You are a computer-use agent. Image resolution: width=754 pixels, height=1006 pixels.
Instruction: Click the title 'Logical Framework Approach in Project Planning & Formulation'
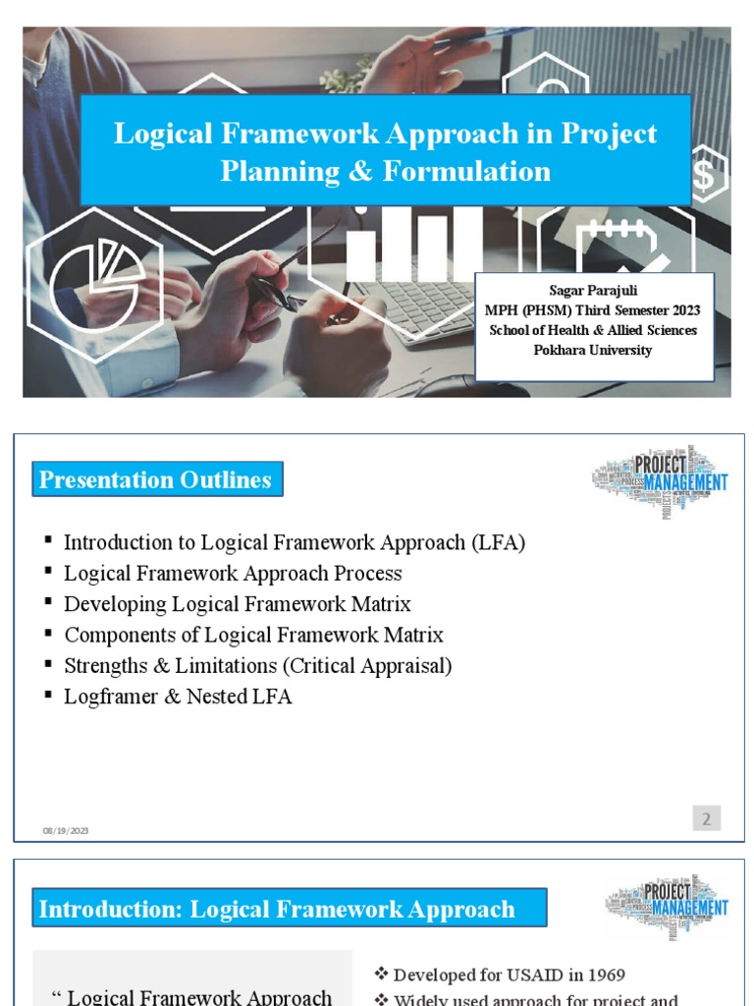pyautogui.click(x=385, y=151)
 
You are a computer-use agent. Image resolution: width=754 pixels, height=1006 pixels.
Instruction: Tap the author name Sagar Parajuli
pyautogui.click(x=593, y=291)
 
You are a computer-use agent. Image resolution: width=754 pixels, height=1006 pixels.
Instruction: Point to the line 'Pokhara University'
pyautogui.click(x=593, y=350)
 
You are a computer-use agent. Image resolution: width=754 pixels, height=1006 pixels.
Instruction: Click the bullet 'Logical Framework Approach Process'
pyautogui.click(x=233, y=573)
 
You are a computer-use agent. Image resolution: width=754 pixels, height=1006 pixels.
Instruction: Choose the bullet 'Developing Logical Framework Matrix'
pyautogui.click(x=237, y=604)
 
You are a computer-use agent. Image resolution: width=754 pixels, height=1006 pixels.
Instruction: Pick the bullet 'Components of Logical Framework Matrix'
pyautogui.click(x=253, y=635)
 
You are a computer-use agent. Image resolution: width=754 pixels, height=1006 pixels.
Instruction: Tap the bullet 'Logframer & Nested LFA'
pyautogui.click(x=178, y=697)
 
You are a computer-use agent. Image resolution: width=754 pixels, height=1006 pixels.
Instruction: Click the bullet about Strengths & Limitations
pyautogui.click(x=257, y=666)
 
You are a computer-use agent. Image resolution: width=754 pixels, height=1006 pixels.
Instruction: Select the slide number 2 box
pyautogui.click(x=707, y=817)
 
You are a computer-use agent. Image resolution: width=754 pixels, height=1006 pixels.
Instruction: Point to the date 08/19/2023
pyautogui.click(x=66, y=831)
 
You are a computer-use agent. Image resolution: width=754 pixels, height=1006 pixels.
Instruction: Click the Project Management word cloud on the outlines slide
pyautogui.click(x=661, y=480)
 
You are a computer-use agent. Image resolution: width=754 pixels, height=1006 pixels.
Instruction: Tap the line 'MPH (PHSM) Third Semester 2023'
pyautogui.click(x=593, y=310)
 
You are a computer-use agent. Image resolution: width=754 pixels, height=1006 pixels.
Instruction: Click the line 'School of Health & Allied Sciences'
pyautogui.click(x=593, y=330)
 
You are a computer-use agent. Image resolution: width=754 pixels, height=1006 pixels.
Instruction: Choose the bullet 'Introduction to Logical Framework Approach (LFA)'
pyautogui.click(x=295, y=542)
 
